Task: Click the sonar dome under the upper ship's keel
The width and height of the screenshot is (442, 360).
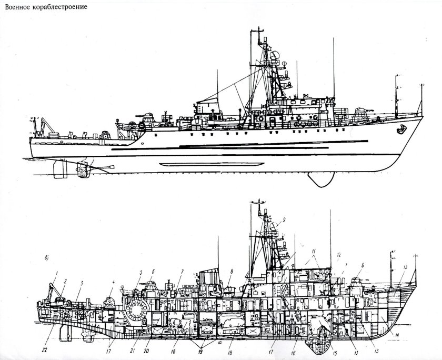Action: click(323, 179)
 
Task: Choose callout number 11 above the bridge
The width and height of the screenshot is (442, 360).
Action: click(314, 251)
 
